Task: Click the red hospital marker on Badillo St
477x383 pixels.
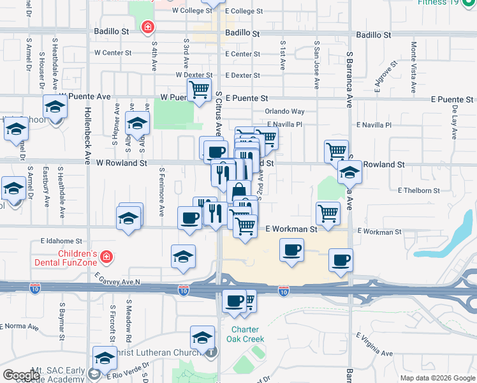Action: [148, 27]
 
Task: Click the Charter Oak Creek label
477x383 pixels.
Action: [243, 334]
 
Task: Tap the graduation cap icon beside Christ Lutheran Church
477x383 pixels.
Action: [203, 337]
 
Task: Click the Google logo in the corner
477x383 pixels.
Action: [21, 375]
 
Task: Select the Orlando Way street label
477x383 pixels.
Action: [285, 111]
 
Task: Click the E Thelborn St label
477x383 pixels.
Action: [419, 190]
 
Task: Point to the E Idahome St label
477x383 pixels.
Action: [61, 241]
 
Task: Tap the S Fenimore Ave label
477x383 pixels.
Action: [162, 190]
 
